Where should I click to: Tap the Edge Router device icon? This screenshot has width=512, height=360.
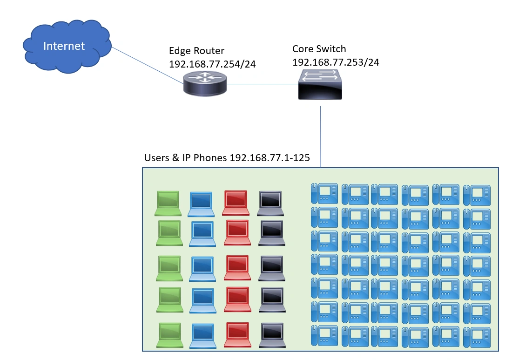coord(205,84)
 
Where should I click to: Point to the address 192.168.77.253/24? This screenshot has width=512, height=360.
coord(336,61)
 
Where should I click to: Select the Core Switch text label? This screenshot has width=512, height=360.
coord(319,49)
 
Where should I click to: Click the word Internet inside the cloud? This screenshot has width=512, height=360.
coord(64,46)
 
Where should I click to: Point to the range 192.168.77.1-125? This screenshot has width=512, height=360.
coord(270,158)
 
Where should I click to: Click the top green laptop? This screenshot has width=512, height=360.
coord(168,203)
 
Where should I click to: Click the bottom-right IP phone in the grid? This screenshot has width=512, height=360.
coord(477,336)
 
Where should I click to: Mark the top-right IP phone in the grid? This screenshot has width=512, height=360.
coord(477,195)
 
